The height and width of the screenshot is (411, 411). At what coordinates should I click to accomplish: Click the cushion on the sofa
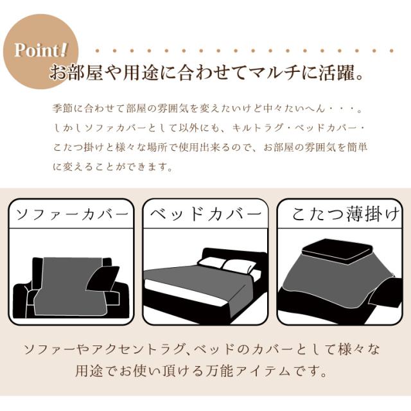(x=103, y=281)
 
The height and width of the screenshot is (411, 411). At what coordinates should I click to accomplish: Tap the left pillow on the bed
(x=211, y=263)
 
